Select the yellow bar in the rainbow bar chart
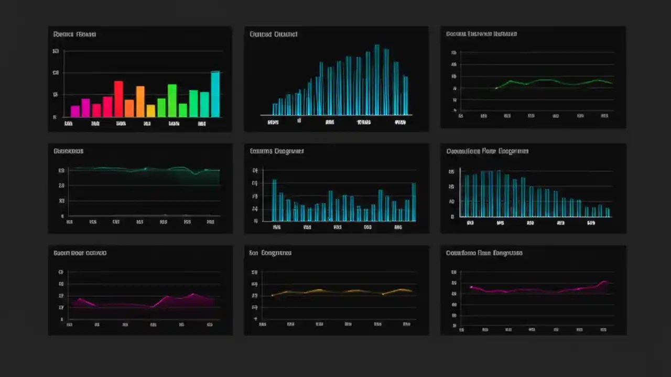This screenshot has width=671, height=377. [150, 110]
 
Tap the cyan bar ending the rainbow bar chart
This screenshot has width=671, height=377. [215, 94]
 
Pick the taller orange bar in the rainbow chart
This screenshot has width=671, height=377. [140, 101]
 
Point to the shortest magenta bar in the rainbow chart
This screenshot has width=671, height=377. [75, 111]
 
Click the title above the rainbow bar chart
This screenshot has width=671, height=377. [74, 35]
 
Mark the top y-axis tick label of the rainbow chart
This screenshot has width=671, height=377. [55, 51]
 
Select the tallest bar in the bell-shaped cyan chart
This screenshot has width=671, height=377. [376, 79]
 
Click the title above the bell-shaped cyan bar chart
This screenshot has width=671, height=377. [273, 35]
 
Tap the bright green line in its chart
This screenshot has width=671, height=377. [545, 80]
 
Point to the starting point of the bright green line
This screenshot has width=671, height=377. [496, 88]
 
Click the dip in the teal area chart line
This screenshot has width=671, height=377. [196, 173]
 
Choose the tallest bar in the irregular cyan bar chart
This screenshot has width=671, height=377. [274, 200]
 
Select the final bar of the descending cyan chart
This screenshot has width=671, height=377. [608, 212]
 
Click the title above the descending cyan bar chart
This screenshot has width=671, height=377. [487, 151]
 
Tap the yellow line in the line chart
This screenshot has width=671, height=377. [341, 292]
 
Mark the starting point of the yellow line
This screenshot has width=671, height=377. [272, 296]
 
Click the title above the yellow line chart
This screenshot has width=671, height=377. [270, 253]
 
